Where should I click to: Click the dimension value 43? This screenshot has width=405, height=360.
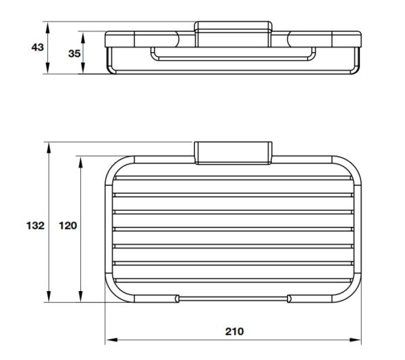37,47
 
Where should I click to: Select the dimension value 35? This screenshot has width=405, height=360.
74,53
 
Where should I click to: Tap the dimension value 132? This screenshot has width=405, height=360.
35,226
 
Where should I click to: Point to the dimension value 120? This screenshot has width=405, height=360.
68,226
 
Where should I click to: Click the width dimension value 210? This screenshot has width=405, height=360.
234,332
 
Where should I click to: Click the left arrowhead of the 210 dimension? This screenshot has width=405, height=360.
111,340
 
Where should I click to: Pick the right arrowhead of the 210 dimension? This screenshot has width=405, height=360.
355,340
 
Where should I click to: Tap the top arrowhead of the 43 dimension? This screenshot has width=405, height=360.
47,28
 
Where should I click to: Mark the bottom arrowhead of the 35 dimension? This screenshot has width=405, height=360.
83,68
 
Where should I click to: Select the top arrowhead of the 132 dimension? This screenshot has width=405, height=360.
49,149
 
